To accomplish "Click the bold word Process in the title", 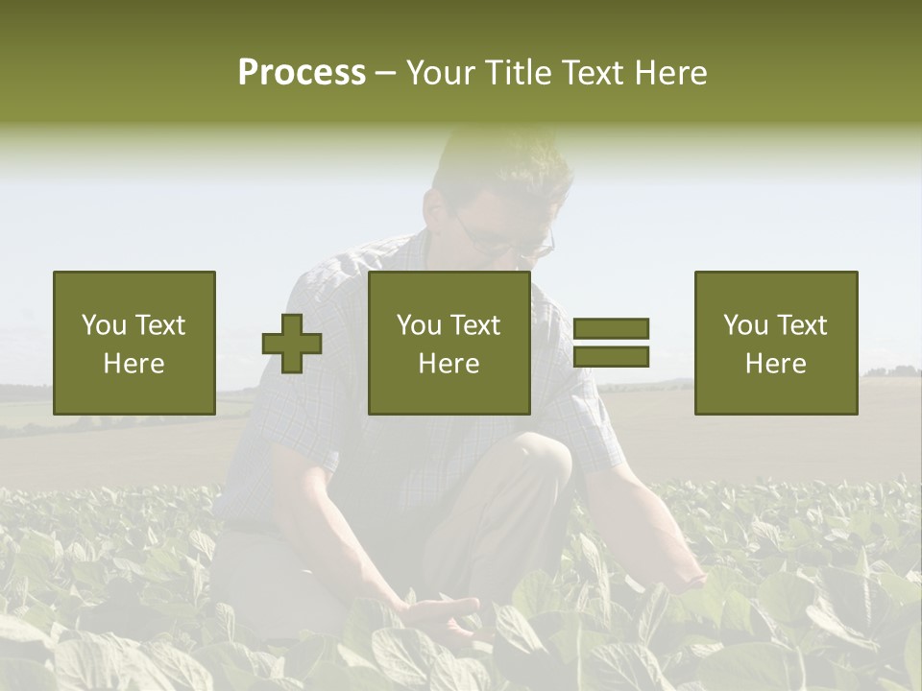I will click(302, 73).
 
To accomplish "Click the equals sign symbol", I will click(611, 343).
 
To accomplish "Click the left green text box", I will click(134, 343).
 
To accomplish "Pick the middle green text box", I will click(449, 343).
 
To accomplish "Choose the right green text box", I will click(776, 343).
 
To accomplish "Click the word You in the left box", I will click(104, 325).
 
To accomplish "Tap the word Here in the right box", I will click(776, 364).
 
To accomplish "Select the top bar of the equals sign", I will click(611, 329).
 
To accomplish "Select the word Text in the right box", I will click(801, 325).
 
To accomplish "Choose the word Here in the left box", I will click(134, 364).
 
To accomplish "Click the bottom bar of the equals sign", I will click(611, 356).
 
